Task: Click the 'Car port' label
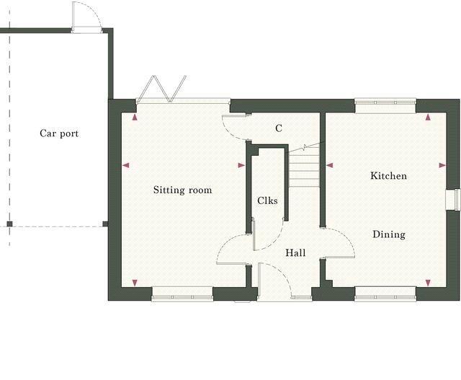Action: [x=59, y=133]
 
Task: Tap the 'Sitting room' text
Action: [x=182, y=190]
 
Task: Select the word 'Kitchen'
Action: [x=388, y=176]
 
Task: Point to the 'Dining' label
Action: [x=388, y=234]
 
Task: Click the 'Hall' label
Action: [x=295, y=253]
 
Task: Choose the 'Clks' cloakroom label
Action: [x=267, y=201]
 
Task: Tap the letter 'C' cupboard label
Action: [x=278, y=128]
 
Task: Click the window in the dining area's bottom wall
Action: [x=385, y=293]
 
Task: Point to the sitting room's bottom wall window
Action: [x=182, y=293]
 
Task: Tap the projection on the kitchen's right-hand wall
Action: [x=453, y=199]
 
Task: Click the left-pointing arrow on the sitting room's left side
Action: [x=125, y=166]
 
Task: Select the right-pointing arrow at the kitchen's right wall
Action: [x=442, y=165]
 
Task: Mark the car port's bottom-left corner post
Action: [x=9, y=224]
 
